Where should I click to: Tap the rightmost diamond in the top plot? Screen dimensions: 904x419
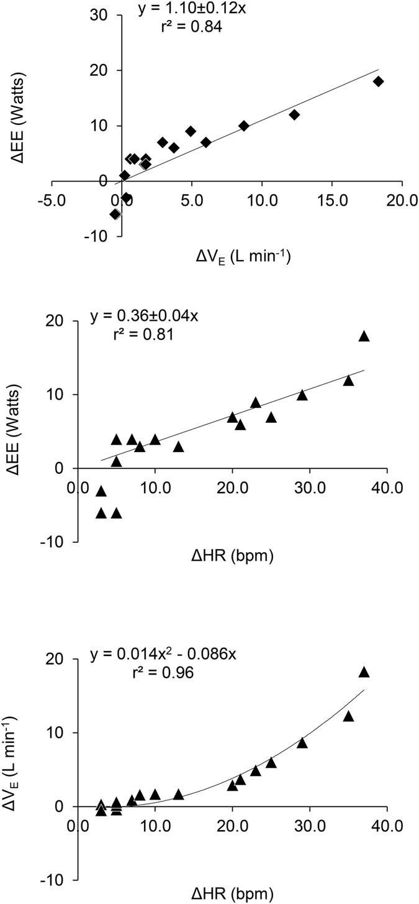pos(378,81)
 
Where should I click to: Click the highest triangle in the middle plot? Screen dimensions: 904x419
pos(364,336)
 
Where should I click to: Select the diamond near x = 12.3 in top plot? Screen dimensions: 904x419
pos(294,114)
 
